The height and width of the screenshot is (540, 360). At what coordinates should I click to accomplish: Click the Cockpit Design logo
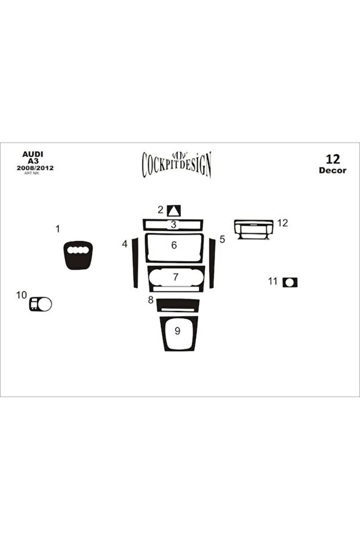click(x=177, y=165)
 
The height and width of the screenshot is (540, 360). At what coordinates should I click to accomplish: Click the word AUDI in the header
click(x=32, y=154)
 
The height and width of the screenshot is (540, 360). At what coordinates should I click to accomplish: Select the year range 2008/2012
click(x=35, y=168)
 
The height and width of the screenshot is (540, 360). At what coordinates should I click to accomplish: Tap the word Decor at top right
click(x=333, y=170)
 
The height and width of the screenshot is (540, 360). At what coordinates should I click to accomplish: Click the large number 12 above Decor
click(x=333, y=159)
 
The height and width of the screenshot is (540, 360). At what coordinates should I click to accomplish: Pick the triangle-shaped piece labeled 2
click(x=174, y=211)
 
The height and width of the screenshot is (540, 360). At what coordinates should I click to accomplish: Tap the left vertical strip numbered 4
click(x=135, y=262)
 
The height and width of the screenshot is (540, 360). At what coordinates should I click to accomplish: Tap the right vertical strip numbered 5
click(x=212, y=263)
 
